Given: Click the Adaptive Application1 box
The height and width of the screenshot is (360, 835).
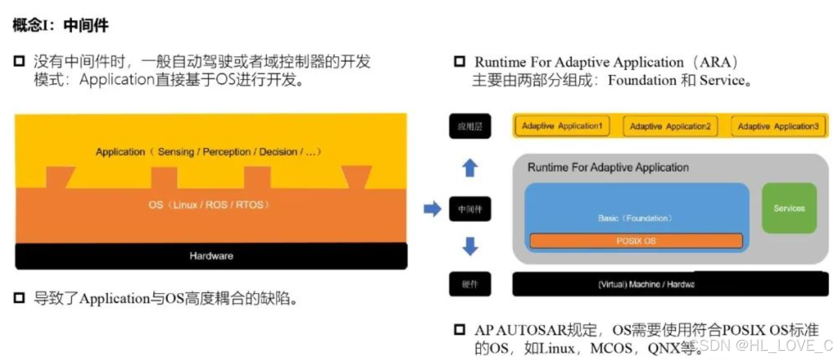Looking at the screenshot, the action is (562, 126).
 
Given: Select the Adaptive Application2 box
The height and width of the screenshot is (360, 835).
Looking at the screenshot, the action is (670, 127).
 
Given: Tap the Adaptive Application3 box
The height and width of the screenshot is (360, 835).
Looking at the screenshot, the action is (778, 127).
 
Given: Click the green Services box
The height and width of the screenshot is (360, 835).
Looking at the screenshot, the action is (789, 208).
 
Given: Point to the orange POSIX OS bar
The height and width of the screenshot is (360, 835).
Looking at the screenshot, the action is (636, 241).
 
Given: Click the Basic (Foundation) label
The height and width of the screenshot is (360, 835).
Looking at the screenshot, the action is (636, 218).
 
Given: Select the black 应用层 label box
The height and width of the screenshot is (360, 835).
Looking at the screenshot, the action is (470, 128).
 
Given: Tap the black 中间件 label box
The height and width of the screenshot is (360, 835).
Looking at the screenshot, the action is (470, 209).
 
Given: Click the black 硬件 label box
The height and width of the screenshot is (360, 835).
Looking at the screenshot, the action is (470, 285).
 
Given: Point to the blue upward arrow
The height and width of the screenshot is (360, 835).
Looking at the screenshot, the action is (470, 169).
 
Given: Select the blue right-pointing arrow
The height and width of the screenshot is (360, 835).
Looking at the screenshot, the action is (432, 209).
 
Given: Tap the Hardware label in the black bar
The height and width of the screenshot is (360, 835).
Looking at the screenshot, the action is (211, 256).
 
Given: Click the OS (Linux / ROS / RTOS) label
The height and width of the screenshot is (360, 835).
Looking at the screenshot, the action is (209, 205).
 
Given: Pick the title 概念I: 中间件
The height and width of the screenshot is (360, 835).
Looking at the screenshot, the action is (60, 26).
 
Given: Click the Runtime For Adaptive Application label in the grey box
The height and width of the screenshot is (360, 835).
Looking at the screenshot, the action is (608, 168).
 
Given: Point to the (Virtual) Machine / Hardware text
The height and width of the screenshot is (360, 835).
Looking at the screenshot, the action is (646, 285).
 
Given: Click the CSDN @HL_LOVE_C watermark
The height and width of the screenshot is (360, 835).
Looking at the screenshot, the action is (762, 345).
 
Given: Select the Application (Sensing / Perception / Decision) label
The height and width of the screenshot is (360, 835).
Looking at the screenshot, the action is (208, 152).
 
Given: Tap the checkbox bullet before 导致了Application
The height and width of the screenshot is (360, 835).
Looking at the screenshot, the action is (20, 297).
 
